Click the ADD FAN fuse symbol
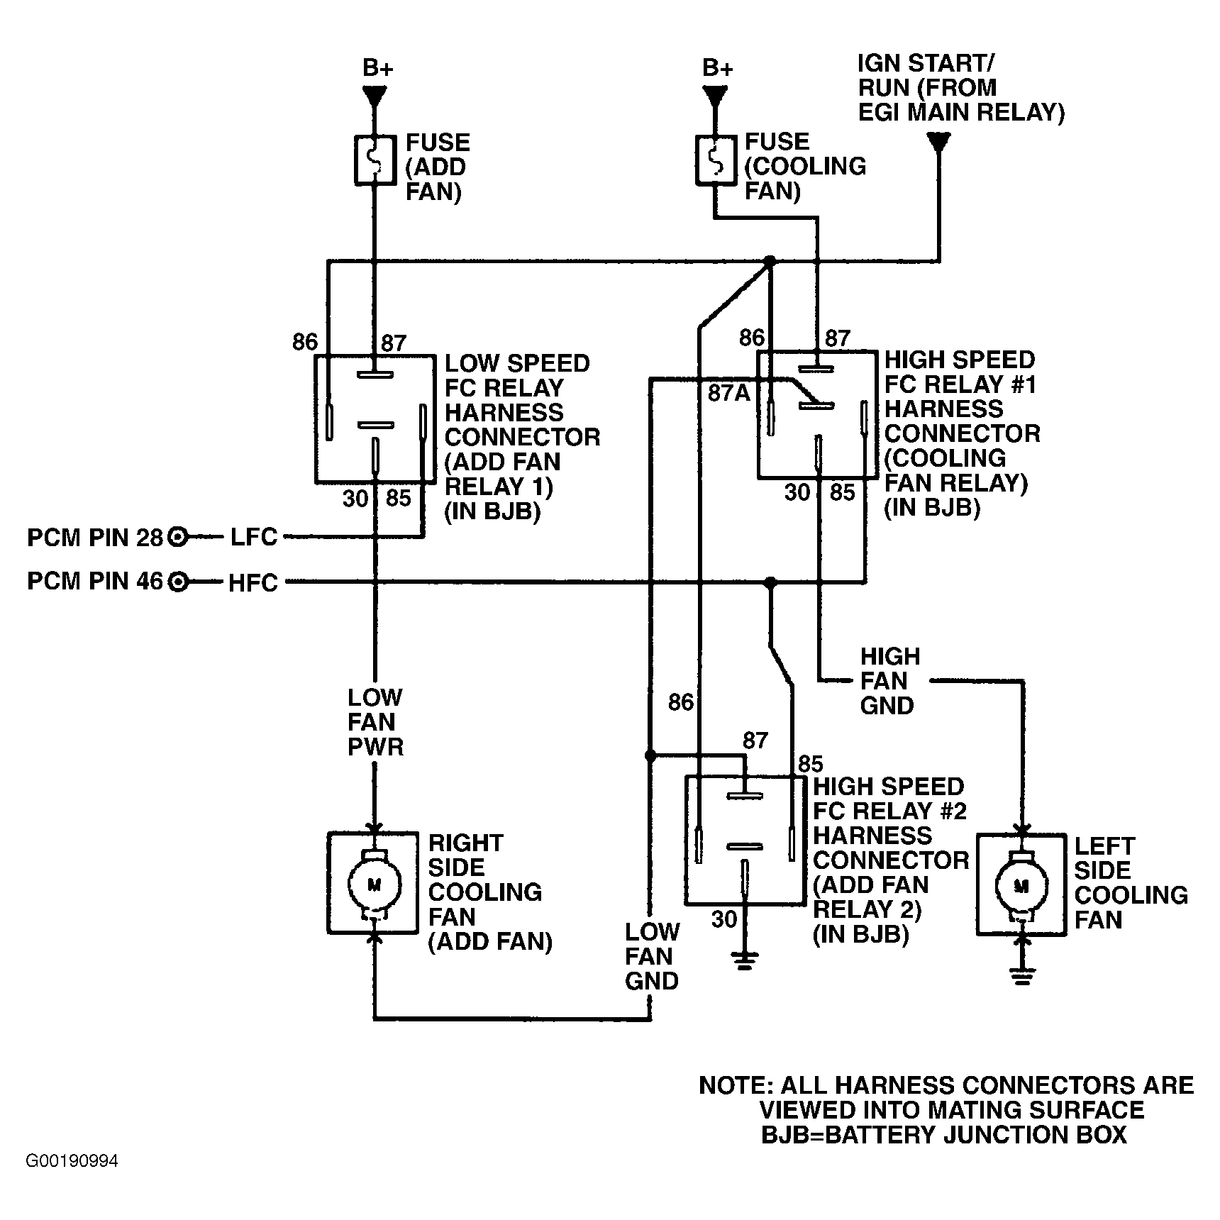(x=375, y=161)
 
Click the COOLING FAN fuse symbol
(x=715, y=161)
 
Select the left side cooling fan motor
(x=1021, y=884)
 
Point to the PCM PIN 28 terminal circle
(x=178, y=538)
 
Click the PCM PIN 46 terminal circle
(x=178, y=582)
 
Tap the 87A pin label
(x=729, y=393)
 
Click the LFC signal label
(x=254, y=537)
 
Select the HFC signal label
(x=253, y=583)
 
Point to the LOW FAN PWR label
(x=375, y=722)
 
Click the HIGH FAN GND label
(x=890, y=681)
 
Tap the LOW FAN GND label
(x=652, y=956)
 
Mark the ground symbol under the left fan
(x=1021, y=976)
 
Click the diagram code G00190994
(x=72, y=1161)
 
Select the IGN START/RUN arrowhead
(x=939, y=143)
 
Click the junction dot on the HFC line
(x=771, y=583)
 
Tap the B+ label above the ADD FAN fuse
(x=377, y=68)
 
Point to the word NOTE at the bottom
(x=734, y=1086)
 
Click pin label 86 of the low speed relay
(x=305, y=342)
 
